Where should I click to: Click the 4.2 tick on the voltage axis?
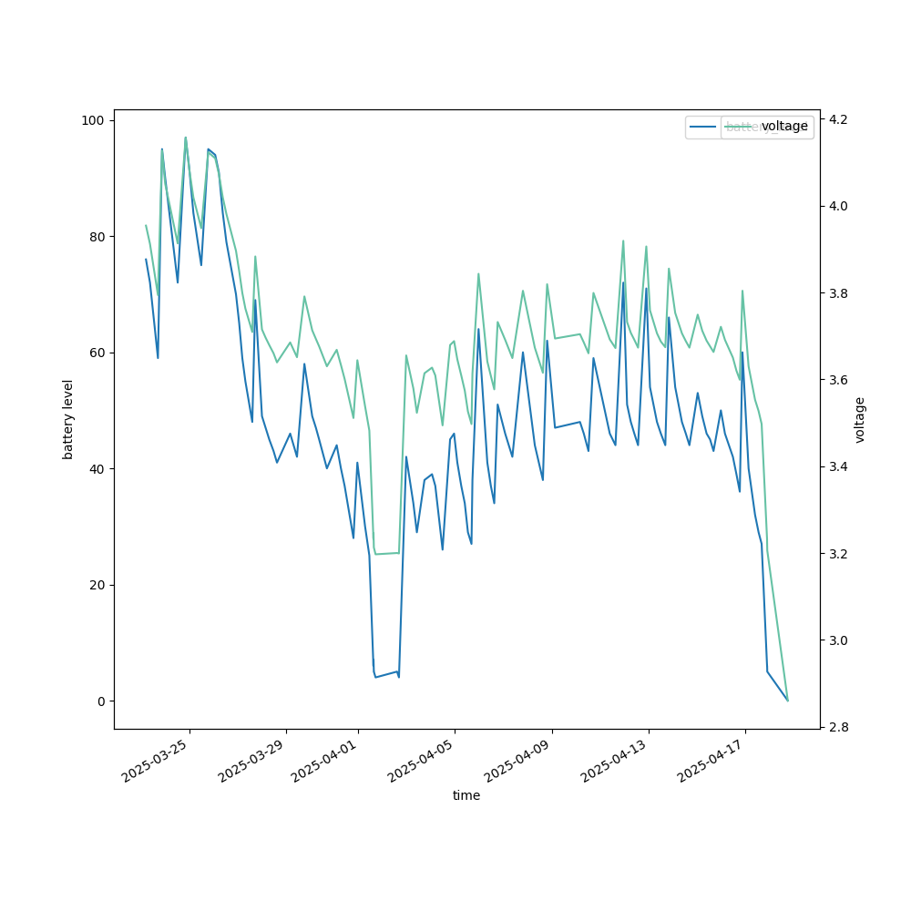[x=838, y=119]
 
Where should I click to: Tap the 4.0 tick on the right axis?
[x=838, y=206]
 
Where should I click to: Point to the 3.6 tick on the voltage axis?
[x=838, y=380]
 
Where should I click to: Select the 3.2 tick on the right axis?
[x=838, y=554]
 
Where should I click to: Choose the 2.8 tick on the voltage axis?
[x=838, y=727]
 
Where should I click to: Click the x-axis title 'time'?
[x=466, y=795]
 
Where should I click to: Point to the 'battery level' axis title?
[x=68, y=419]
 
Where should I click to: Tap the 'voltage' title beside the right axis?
[x=860, y=419]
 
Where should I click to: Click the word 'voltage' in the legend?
[x=784, y=127]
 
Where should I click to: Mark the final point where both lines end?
[x=788, y=701]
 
